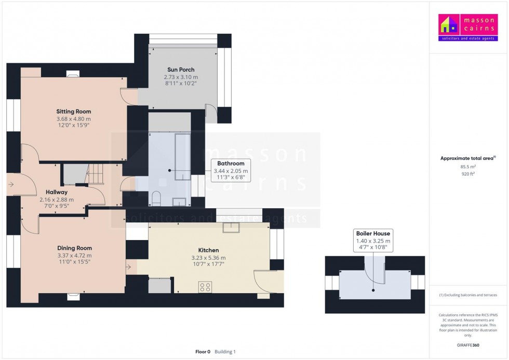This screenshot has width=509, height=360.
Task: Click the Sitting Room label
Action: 74,111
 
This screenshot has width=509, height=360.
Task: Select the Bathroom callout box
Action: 231,170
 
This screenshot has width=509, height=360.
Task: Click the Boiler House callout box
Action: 373,241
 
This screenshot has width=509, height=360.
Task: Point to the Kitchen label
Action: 208,250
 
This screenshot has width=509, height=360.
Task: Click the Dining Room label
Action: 74,248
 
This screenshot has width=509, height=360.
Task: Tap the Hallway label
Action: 57,192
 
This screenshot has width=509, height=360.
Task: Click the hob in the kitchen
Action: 205,287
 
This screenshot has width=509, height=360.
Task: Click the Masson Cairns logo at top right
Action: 468,28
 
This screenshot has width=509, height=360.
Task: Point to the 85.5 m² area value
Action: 468,167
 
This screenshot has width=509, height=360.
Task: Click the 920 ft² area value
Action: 468,174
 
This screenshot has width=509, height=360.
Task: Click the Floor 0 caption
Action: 203,352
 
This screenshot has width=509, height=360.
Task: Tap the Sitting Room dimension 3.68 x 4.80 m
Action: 74,119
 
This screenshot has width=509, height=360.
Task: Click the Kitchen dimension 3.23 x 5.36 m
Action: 208,258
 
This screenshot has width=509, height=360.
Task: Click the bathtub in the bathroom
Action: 183,156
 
